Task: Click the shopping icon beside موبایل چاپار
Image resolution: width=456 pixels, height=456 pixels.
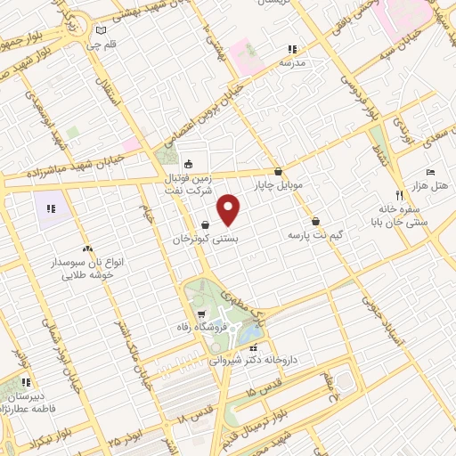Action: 279,171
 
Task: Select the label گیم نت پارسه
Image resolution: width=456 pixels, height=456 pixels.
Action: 315,236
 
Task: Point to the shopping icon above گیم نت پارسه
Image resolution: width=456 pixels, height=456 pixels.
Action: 315,221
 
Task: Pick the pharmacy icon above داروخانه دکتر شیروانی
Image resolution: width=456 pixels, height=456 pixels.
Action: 254,347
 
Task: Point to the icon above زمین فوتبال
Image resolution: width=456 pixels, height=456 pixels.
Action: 188,164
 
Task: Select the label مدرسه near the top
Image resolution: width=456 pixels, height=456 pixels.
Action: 292,64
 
